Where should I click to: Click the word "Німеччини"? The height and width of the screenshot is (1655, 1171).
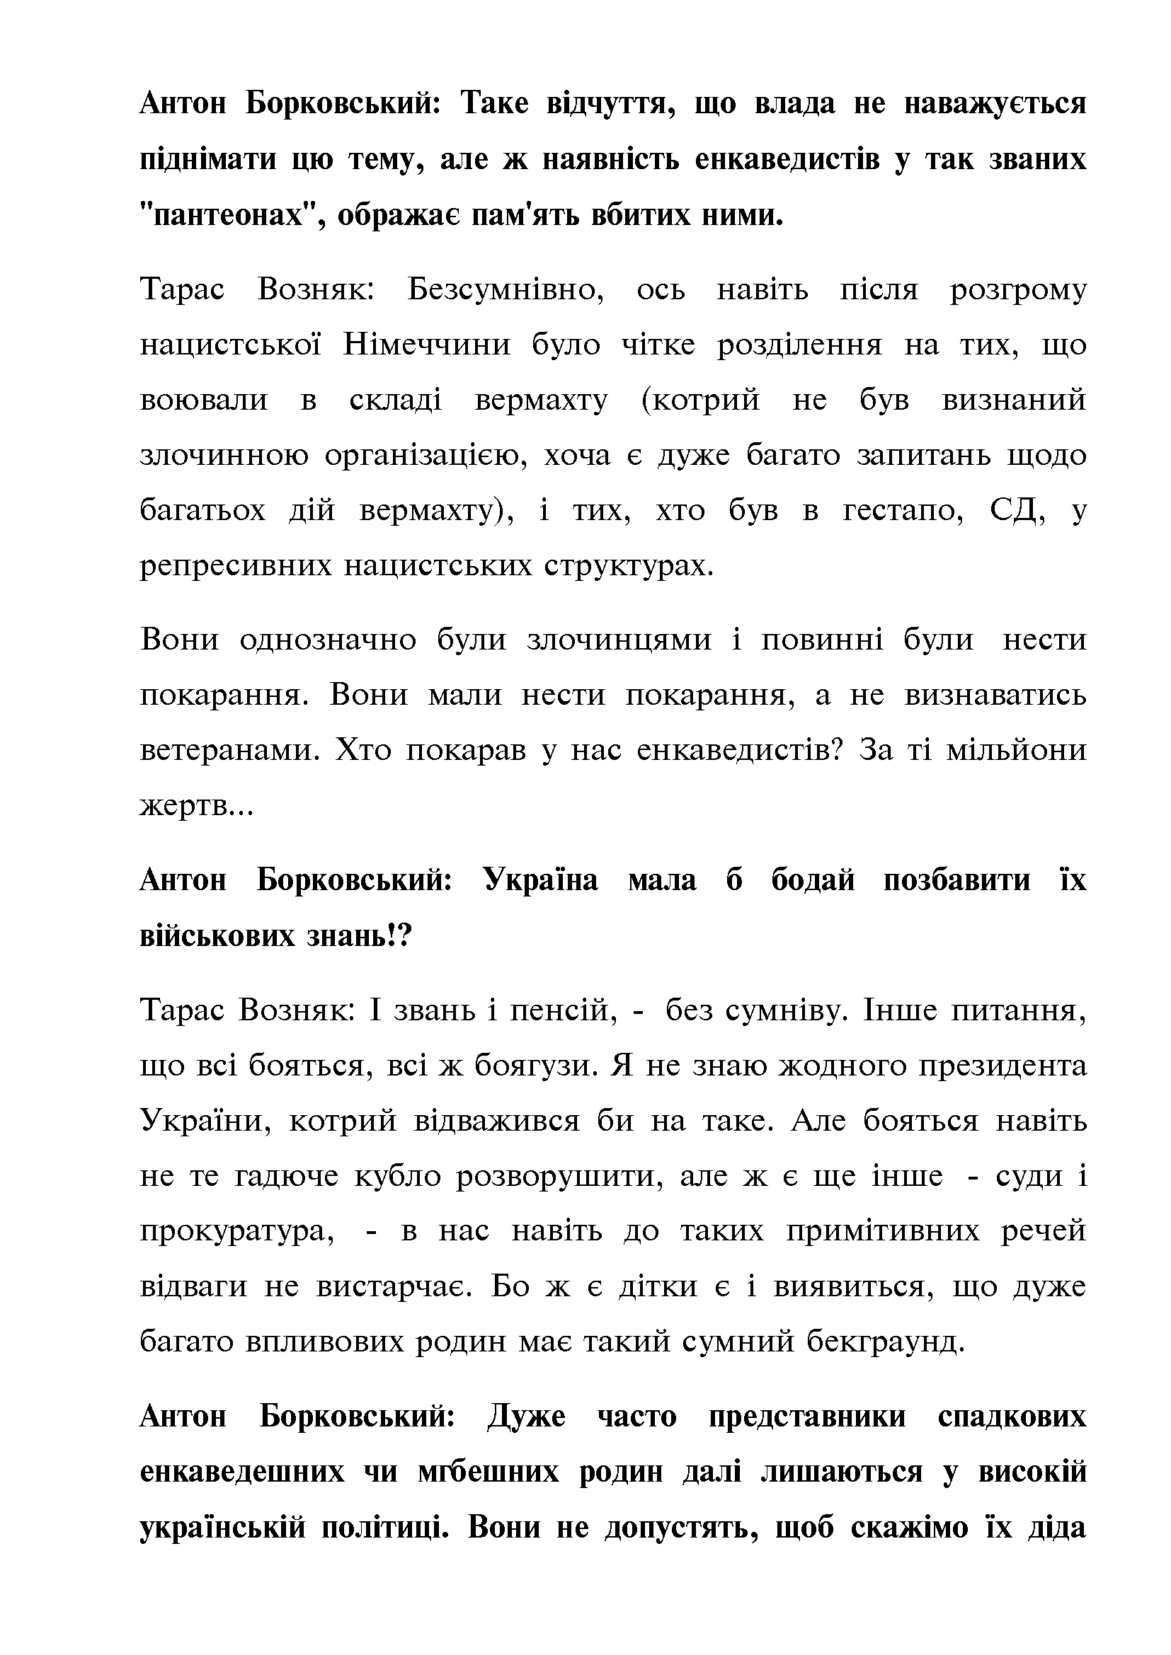coord(427,345)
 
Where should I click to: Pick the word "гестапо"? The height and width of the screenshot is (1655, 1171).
coord(903,510)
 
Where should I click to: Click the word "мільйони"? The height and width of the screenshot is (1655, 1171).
coord(1016,750)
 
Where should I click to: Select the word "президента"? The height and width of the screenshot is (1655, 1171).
coord(1003,1065)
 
